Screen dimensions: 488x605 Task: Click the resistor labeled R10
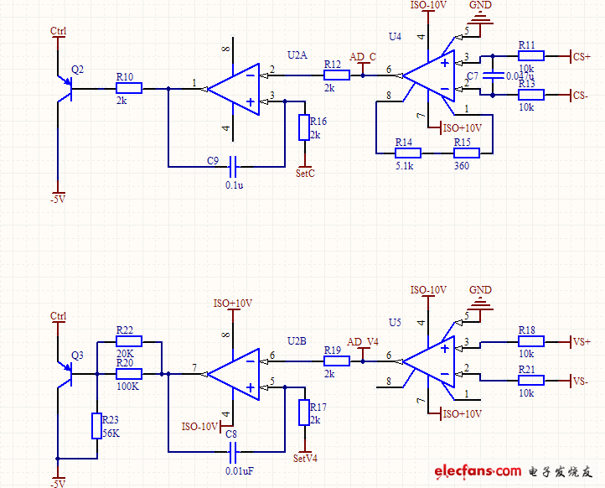click(129, 87)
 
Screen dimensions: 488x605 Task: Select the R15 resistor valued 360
click(466, 153)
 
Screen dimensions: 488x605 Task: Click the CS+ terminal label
click(581, 56)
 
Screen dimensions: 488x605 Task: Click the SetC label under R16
click(305, 174)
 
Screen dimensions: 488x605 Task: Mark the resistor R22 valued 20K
click(129, 341)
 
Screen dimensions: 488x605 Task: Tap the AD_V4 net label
click(363, 342)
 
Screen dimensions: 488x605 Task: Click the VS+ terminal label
click(581, 341)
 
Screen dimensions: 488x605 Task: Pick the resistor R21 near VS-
click(530, 380)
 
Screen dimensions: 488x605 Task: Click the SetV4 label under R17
click(305, 459)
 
